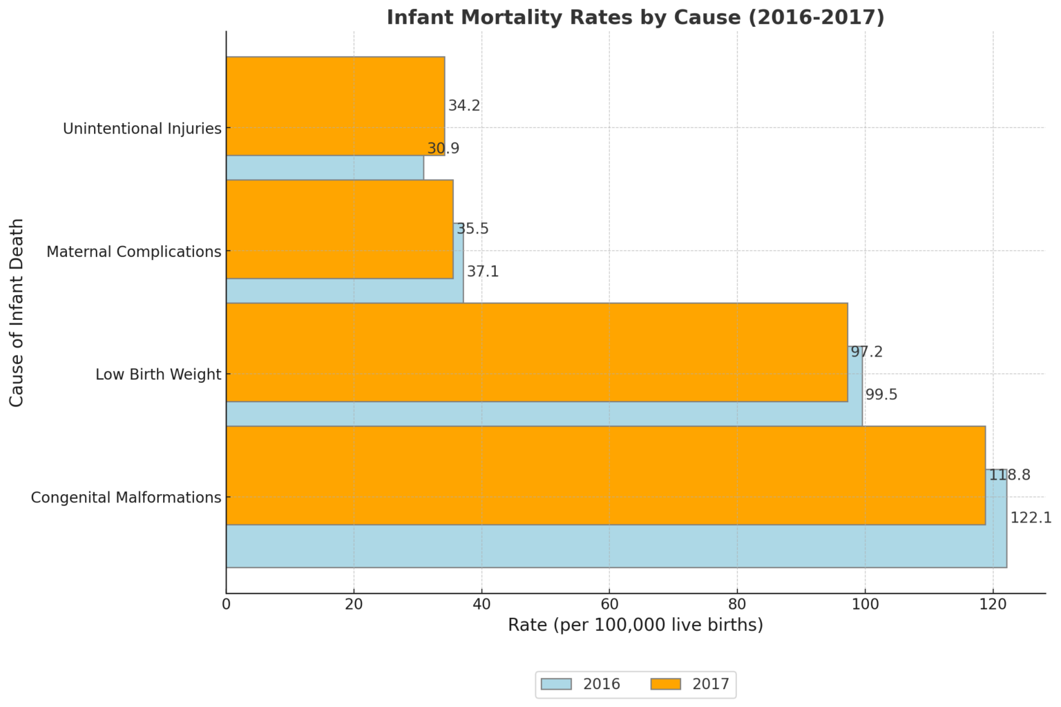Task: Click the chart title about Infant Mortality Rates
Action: [635, 17]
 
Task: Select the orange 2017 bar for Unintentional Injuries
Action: [335, 106]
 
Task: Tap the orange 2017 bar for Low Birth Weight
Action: [536, 352]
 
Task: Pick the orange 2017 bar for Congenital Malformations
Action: [605, 475]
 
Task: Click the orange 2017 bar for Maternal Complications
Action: [339, 229]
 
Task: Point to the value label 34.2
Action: [463, 106]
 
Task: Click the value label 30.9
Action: [443, 149]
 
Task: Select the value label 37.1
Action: [482, 272]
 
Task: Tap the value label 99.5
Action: [881, 395]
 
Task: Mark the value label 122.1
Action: [1030, 518]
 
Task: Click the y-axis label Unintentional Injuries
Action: [142, 129]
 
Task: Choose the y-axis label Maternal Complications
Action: [133, 252]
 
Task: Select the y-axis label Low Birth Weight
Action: [158, 375]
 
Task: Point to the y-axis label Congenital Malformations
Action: [126, 498]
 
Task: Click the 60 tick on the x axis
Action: [609, 603]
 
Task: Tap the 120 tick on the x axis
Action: [993, 603]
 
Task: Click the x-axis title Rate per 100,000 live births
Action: [635, 625]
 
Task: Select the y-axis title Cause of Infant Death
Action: [17, 312]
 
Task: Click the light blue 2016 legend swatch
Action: [556, 684]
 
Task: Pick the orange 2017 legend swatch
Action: [665, 684]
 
